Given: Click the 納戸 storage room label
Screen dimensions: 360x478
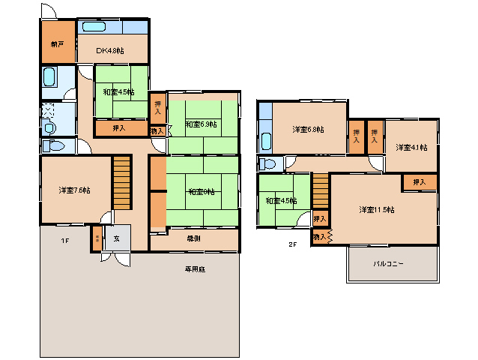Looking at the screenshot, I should pos(58,44).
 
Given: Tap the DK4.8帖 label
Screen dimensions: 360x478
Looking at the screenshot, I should pos(110,50).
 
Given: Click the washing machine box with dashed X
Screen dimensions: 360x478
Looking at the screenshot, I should pos(48,110).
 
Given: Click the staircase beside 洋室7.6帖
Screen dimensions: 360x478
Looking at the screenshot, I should pos(121,181).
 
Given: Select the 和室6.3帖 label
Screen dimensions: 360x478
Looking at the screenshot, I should pos(201,124).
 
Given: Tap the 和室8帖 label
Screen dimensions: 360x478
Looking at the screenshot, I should pos(201,191).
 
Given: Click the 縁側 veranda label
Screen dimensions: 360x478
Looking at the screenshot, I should pos(193,238).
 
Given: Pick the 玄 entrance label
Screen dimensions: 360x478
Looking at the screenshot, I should pos(117,238).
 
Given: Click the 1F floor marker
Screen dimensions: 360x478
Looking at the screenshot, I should pos(65,241).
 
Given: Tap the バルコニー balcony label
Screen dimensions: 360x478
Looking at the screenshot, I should pos(390,264).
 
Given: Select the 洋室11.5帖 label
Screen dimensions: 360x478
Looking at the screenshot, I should pos(376,208).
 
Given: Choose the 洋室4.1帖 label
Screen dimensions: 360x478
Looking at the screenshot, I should pos(411,147).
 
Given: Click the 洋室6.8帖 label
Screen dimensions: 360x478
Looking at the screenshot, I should pos(308,130).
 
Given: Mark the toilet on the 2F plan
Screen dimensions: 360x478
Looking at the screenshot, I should pos(267,163).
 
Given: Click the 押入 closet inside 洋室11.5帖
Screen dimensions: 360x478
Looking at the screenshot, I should pos(419,181).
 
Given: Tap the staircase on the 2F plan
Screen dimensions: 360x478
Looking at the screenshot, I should pos(321,191).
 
